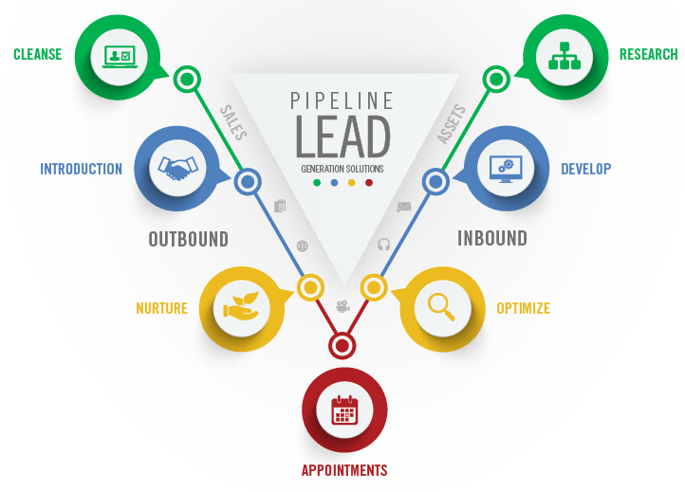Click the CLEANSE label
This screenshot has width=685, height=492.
pos(37,54)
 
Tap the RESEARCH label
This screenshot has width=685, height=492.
pos(648,54)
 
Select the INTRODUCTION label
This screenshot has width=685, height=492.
pos(81,170)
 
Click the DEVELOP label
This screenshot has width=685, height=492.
pos(585,170)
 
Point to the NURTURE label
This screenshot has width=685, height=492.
pos(161,308)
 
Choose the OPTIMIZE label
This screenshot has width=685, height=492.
pos(523,308)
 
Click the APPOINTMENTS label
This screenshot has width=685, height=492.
pos(343,470)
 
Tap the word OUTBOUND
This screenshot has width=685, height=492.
pos(188,238)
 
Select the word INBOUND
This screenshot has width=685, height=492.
pos(491,238)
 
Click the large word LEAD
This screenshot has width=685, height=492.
pos(342,137)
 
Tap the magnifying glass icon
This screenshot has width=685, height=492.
pos(442,305)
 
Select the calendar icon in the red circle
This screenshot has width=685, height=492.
pos(343,410)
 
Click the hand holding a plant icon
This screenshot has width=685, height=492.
pos(241,305)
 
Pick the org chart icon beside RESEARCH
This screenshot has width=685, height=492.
pos(565,56)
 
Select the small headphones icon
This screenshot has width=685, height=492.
pos(383,244)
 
